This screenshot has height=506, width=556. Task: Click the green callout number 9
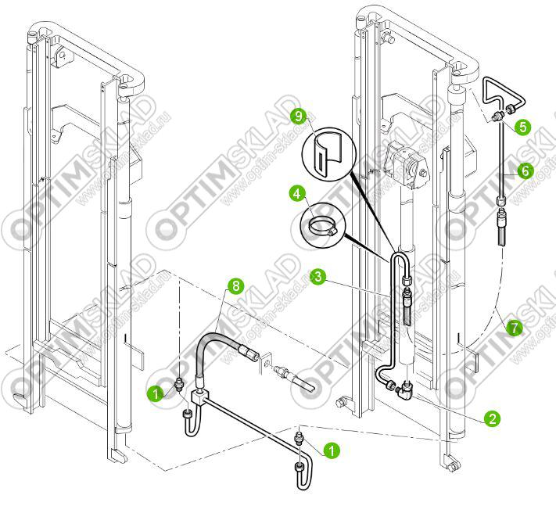point(296,116)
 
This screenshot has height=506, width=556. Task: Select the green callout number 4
point(296,192)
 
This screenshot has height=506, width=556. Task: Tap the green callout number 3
point(317,275)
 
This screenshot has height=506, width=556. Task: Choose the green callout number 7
point(513,329)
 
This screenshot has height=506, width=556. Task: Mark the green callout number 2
point(492,418)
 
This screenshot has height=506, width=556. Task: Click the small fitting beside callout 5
point(497,117)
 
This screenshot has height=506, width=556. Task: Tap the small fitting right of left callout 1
point(181,384)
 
